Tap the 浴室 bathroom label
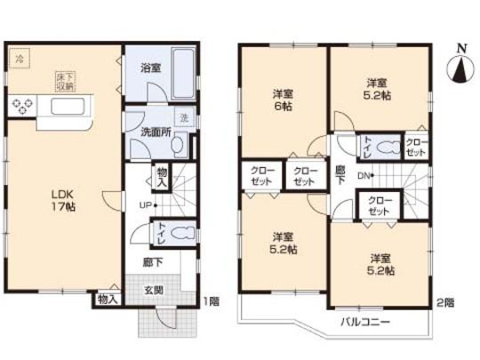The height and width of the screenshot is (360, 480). pyautogui.click(x=148, y=65)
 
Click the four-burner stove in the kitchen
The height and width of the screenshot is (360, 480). pyautogui.click(x=21, y=108)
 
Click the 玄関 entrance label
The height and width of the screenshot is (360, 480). pyautogui.click(x=155, y=291)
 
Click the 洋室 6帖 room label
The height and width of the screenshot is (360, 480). pyautogui.click(x=284, y=98)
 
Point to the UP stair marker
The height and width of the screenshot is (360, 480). pyautogui.click(x=143, y=204)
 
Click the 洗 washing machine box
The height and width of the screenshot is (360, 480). pyautogui.click(x=184, y=118)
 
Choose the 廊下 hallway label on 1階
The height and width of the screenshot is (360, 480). pyautogui.click(x=153, y=263)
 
